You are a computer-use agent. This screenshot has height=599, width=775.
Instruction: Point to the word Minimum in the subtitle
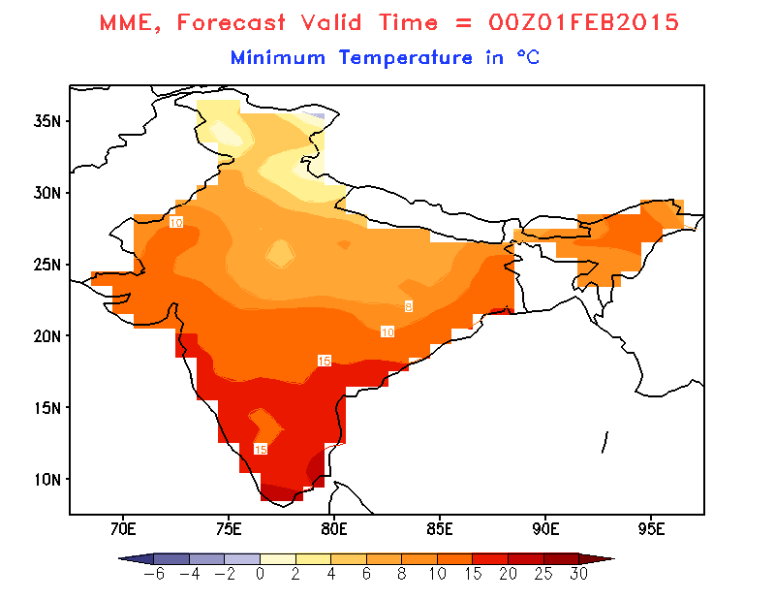tap(278, 57)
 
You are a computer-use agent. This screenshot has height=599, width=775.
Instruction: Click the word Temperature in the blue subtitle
tap(406, 57)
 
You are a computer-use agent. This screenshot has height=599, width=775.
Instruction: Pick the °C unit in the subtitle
tap(527, 57)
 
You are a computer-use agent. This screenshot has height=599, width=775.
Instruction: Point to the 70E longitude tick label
tap(122, 528)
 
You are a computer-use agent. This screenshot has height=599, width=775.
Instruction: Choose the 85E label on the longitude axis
tap(440, 528)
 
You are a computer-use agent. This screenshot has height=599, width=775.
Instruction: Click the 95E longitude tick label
tap(652, 528)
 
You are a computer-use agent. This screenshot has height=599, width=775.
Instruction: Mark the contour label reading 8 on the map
tap(409, 306)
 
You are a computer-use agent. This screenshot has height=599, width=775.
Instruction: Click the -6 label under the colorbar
tap(152, 574)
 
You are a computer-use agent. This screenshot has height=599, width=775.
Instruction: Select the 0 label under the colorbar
tap(260, 574)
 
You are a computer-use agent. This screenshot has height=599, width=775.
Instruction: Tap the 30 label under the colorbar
tap(578, 574)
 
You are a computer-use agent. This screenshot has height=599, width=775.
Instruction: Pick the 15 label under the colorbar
tap(472, 574)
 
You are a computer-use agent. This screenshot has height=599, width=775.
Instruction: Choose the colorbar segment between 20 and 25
tap(525, 559)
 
